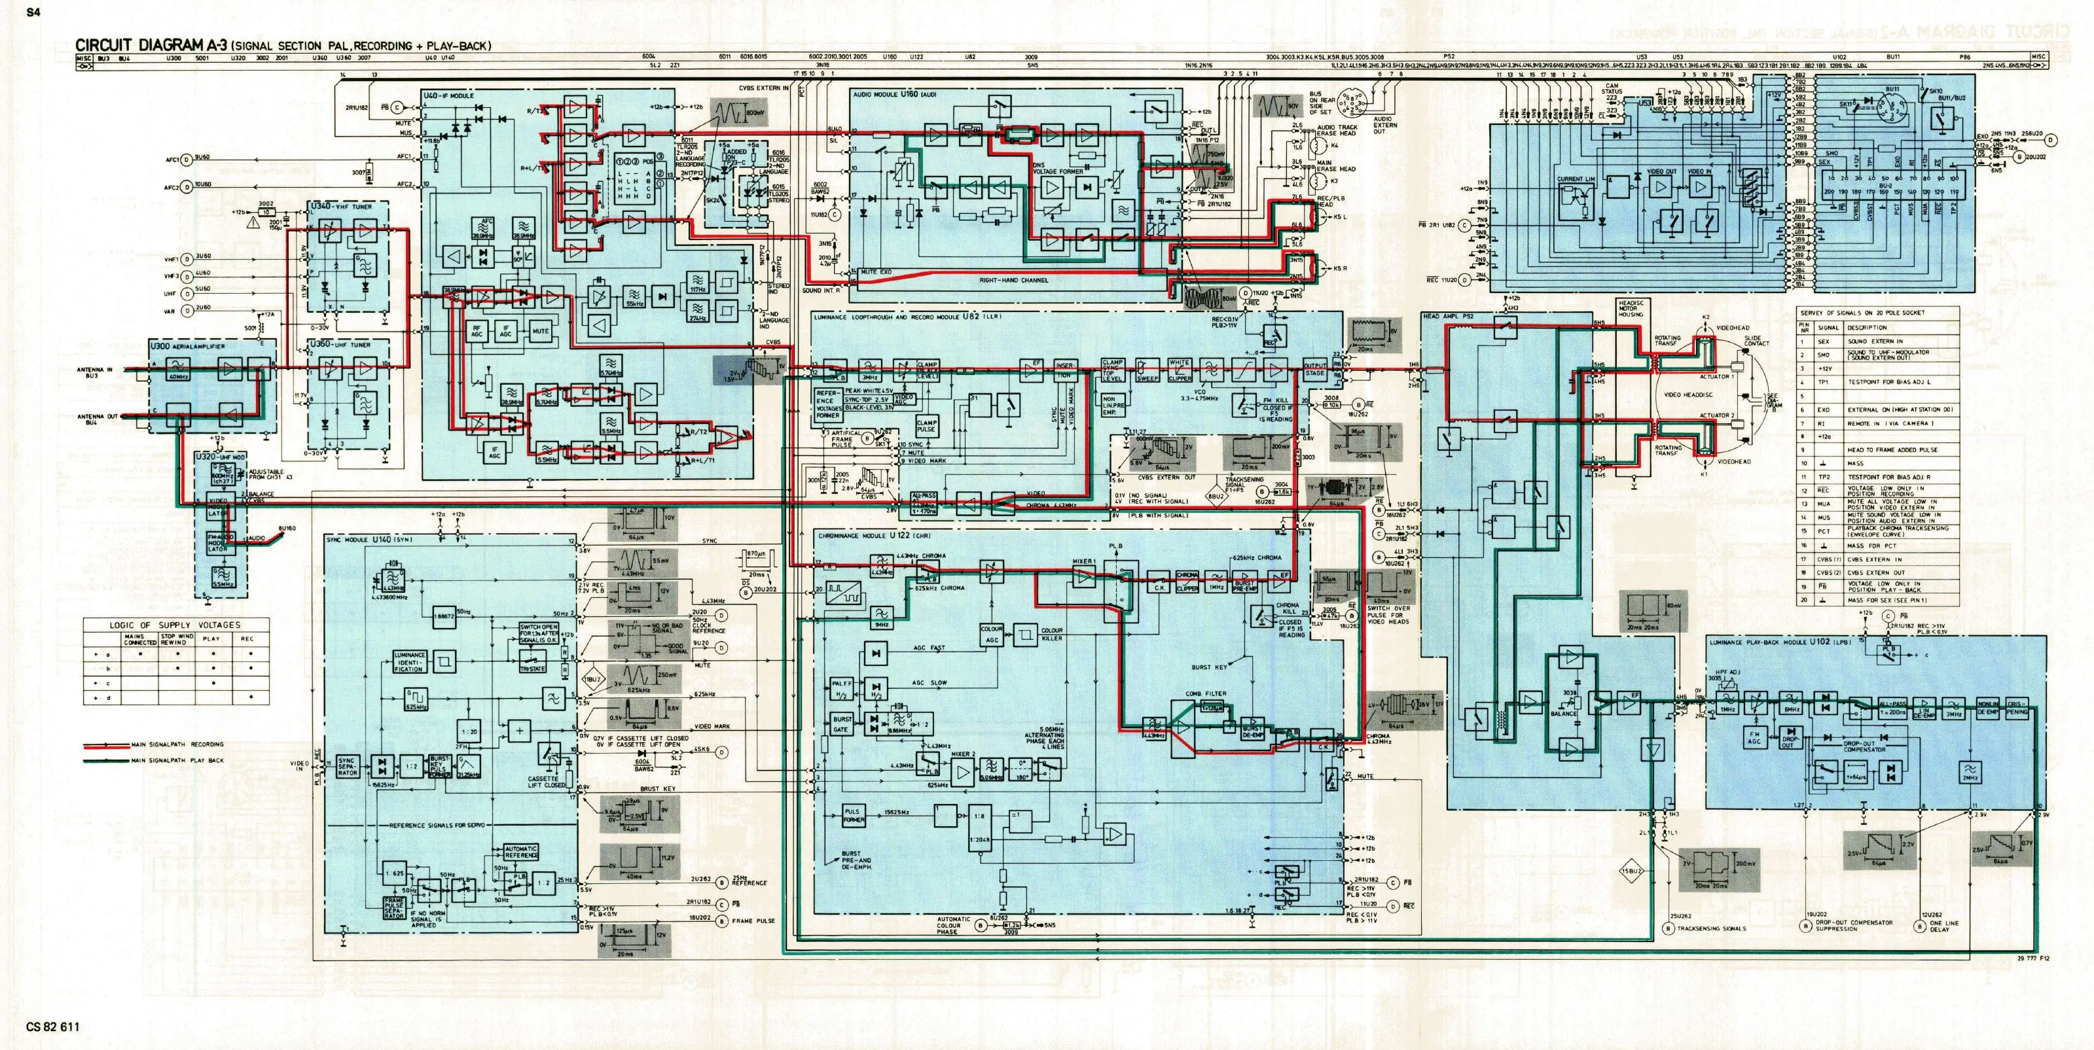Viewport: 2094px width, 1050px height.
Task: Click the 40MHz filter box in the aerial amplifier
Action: [178, 372]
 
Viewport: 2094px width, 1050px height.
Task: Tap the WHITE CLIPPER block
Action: [1180, 370]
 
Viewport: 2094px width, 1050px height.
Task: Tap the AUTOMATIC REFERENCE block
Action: [521, 852]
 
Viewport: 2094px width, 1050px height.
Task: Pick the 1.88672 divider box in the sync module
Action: [444, 617]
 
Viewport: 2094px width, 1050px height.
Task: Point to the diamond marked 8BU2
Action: [1216, 497]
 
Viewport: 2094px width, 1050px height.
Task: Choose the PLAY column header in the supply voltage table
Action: [211, 639]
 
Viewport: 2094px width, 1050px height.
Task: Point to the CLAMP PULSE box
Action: [927, 426]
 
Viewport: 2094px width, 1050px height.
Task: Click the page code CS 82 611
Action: [53, 1026]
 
